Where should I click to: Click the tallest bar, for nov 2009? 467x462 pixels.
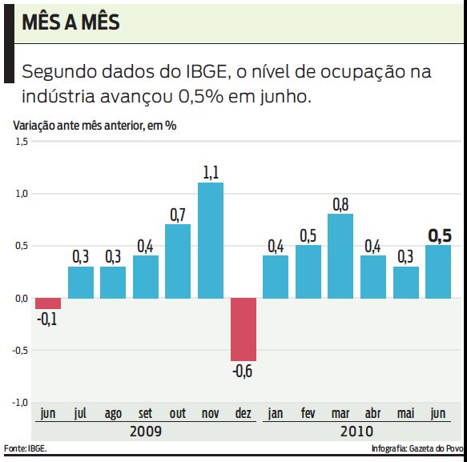(x=211, y=240)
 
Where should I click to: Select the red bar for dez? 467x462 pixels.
(x=244, y=329)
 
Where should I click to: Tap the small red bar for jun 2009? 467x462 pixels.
(x=48, y=303)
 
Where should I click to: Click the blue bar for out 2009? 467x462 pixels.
(x=178, y=261)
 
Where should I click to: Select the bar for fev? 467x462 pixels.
(x=308, y=271)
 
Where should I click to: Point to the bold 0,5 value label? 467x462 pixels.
(x=440, y=235)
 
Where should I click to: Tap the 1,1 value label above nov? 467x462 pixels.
(x=211, y=172)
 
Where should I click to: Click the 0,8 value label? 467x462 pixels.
(x=341, y=203)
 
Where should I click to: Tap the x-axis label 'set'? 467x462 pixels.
(x=145, y=414)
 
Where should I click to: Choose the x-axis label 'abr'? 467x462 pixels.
(x=373, y=414)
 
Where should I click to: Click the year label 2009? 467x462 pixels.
(x=145, y=431)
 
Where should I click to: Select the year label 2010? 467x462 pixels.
(x=356, y=431)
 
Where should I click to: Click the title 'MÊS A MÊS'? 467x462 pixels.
(x=71, y=22)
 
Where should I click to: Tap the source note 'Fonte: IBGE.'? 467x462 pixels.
(x=25, y=448)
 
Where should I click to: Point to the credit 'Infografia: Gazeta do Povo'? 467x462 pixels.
(x=417, y=448)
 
